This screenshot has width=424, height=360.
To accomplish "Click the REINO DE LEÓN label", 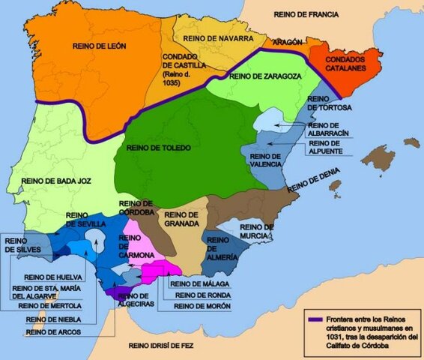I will coord(99,46).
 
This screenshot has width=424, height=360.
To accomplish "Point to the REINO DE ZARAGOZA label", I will coord(267,76).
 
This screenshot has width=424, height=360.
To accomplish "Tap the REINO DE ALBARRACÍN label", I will coord(328,128).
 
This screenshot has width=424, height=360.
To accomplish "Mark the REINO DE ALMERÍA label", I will coord(223,245).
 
